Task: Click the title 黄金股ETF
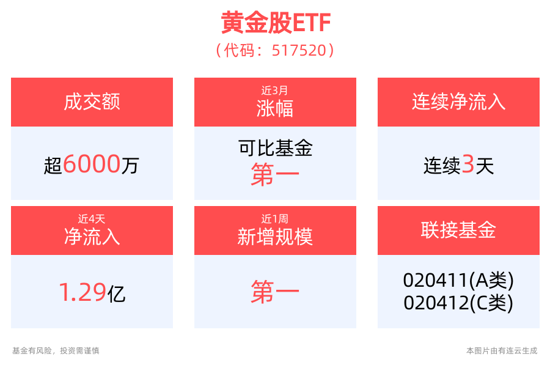[275, 24]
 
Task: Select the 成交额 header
[92, 101]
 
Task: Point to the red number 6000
[92, 164]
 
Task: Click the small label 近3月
[275, 90]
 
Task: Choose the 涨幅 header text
[275, 108]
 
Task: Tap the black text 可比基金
[275, 148]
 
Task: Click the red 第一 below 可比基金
[275, 175]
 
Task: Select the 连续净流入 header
[458, 101]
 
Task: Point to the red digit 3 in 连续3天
[468, 164]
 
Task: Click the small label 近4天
[92, 218]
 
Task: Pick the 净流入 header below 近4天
[92, 236]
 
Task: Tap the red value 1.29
[82, 293]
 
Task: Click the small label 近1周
[275, 218]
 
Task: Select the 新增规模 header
[275, 236]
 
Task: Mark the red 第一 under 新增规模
[275, 293]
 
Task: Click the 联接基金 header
[458, 230]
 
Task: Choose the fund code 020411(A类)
[458, 281]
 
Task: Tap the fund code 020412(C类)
[458, 302]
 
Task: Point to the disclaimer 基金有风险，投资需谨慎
[56, 351]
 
